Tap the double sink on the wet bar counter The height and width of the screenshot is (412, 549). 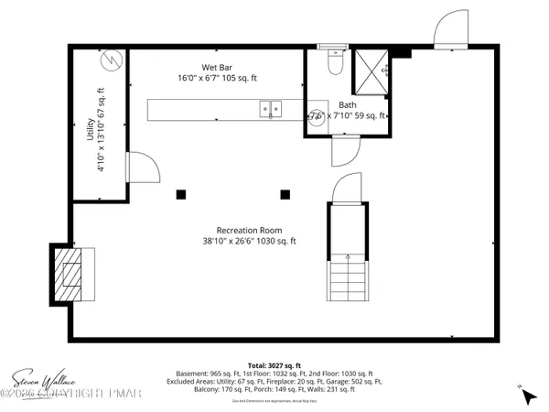pos(271,109)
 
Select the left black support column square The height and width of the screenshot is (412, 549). pos(181,194)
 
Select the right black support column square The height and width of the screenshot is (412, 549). pos(285,194)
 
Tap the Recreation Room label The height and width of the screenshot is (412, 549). pos(249,230)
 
